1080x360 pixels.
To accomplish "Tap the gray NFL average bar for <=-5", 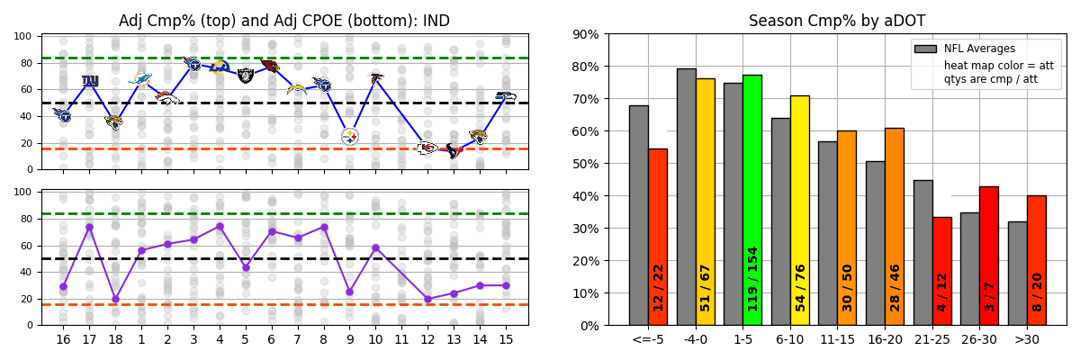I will click(638, 216).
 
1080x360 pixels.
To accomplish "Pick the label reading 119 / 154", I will click(752, 279).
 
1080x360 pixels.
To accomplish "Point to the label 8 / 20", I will click(1037, 292).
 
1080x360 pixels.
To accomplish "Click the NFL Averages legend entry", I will click(978, 49).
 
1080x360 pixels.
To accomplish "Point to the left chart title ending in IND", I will click(284, 21).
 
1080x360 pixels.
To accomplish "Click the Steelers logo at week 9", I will click(350, 136).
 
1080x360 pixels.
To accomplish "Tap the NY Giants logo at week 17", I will click(90, 81).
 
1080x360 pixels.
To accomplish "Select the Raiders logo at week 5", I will click(246, 76).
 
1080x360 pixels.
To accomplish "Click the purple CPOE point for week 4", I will click(220, 226).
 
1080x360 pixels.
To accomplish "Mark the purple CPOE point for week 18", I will click(115, 299).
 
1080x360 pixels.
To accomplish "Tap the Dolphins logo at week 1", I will click(140, 79).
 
